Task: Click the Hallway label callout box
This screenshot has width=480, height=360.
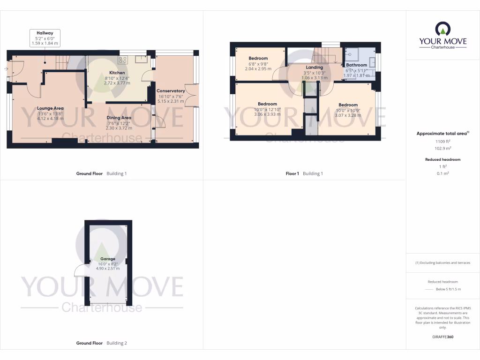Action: (x=45, y=37)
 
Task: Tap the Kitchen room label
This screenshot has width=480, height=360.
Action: (x=117, y=73)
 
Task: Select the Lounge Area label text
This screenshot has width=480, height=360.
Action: (x=50, y=108)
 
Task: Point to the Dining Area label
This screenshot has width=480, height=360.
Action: (x=119, y=118)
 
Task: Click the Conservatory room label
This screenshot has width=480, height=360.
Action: (x=171, y=91)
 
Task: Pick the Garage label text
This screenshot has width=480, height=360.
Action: (x=107, y=259)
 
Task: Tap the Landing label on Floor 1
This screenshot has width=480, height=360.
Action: (x=315, y=67)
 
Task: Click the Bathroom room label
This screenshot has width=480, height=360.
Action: (x=356, y=65)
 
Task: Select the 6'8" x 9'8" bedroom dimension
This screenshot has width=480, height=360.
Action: (x=258, y=64)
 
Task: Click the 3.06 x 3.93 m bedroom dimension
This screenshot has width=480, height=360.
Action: (x=267, y=114)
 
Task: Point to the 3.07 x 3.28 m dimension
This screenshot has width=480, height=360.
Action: (x=348, y=115)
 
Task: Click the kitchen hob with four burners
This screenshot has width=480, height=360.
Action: (x=123, y=60)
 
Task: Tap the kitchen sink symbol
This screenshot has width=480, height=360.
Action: (x=140, y=59)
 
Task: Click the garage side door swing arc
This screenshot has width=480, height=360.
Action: (x=79, y=271)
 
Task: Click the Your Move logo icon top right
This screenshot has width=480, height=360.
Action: (x=443, y=29)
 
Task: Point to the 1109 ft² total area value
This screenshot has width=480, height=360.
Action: (x=443, y=141)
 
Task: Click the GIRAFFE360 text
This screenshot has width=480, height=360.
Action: (x=443, y=337)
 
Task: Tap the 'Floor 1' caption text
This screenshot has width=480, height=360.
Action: (x=292, y=173)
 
